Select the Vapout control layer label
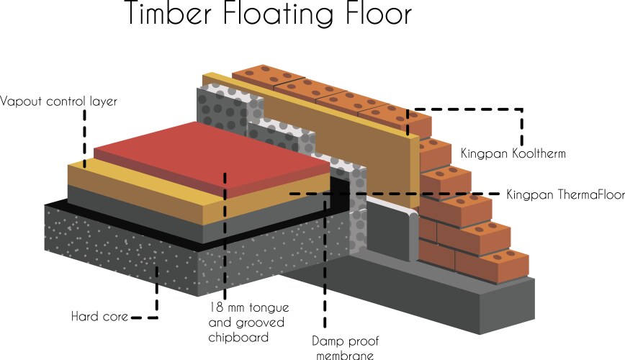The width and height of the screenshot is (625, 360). (58, 102)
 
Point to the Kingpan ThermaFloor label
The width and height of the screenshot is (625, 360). (559, 194)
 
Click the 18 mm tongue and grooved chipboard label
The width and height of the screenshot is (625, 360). (246, 321)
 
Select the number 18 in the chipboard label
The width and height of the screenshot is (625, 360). (214, 306)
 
